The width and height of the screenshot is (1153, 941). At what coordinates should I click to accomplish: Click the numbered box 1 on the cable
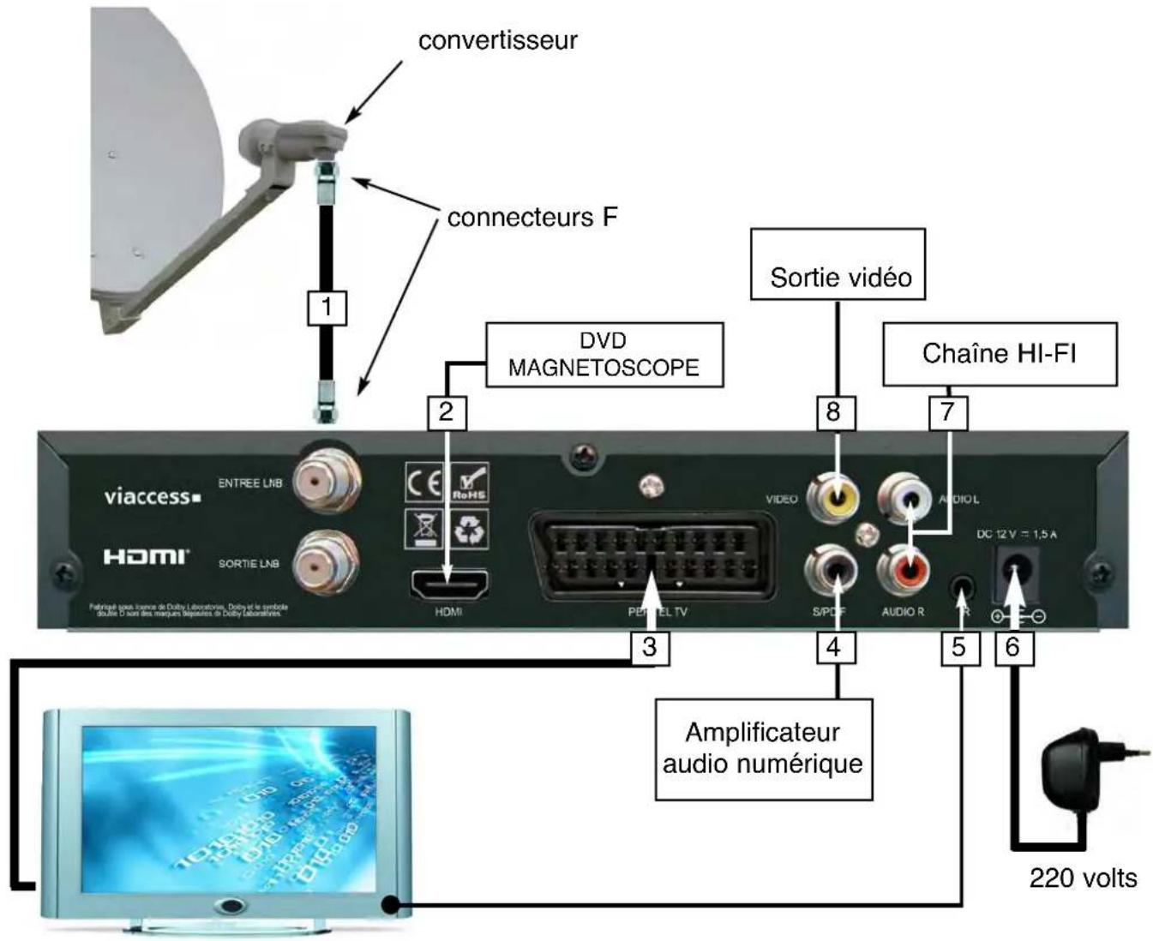click(327, 307)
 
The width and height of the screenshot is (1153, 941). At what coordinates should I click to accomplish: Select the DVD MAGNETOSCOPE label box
click(604, 354)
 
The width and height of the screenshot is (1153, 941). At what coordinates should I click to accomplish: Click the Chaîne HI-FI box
click(1000, 353)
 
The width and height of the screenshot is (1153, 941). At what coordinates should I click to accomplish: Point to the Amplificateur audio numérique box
click(763, 748)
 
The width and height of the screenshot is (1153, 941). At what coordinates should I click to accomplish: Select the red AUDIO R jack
click(904, 567)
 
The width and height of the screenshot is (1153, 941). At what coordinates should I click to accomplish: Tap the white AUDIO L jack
click(905, 498)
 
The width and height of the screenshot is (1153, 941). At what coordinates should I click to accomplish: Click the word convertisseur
click(497, 40)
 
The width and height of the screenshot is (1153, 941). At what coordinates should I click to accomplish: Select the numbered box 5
click(959, 647)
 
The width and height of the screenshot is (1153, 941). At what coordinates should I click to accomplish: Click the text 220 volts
click(1083, 878)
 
